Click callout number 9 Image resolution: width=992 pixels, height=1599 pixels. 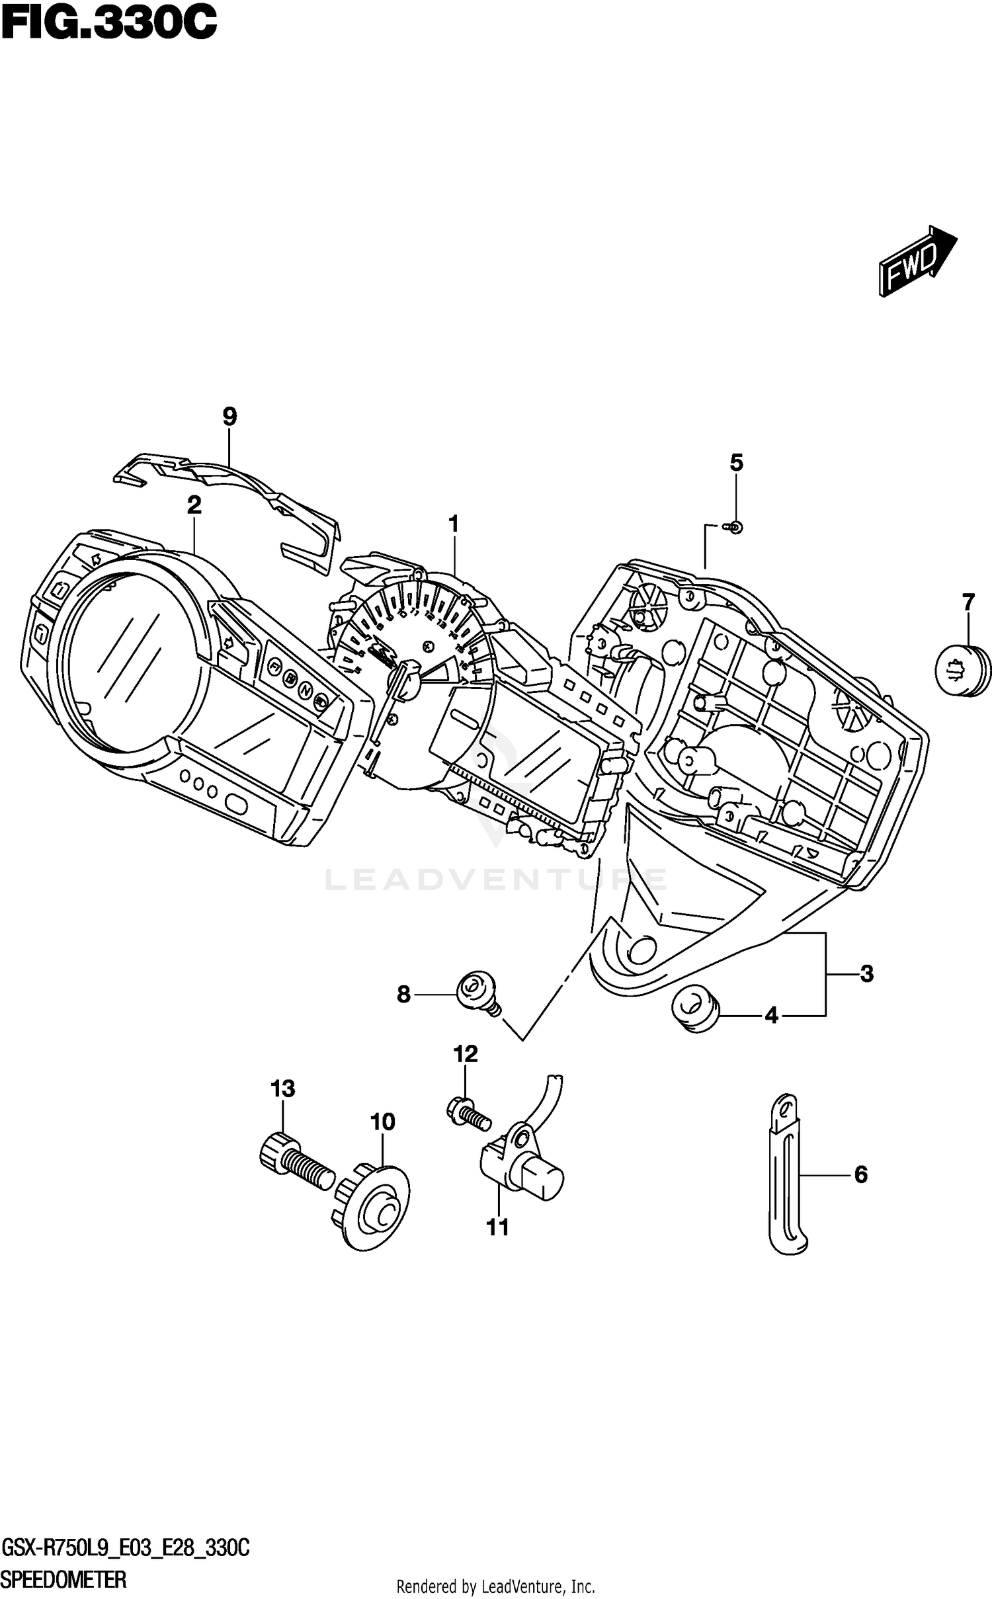(229, 417)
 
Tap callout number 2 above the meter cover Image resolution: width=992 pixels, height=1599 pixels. (194, 505)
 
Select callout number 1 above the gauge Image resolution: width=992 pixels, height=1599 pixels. (454, 524)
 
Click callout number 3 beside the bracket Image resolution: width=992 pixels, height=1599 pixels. (866, 973)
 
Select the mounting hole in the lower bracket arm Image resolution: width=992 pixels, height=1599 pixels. (640, 949)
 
